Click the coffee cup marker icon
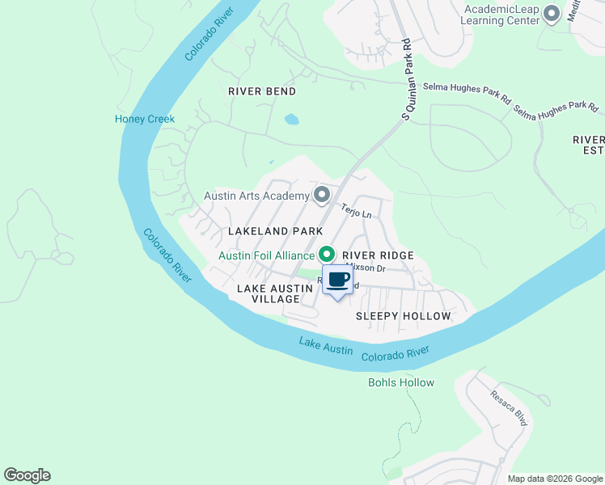(x=337, y=280)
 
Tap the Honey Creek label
(x=144, y=119)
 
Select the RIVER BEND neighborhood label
(x=261, y=91)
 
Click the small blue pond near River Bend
(x=291, y=120)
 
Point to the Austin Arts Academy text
(x=256, y=196)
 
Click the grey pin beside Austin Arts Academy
(x=321, y=195)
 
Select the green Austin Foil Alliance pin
(x=327, y=255)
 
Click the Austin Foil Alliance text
(x=266, y=255)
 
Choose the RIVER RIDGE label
(x=379, y=255)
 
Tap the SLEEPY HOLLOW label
(x=403, y=316)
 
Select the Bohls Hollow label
(x=401, y=382)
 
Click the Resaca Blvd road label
(x=509, y=408)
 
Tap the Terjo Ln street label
(x=355, y=210)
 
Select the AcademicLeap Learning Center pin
(x=552, y=14)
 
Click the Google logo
(x=27, y=475)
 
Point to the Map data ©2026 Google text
(x=554, y=479)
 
